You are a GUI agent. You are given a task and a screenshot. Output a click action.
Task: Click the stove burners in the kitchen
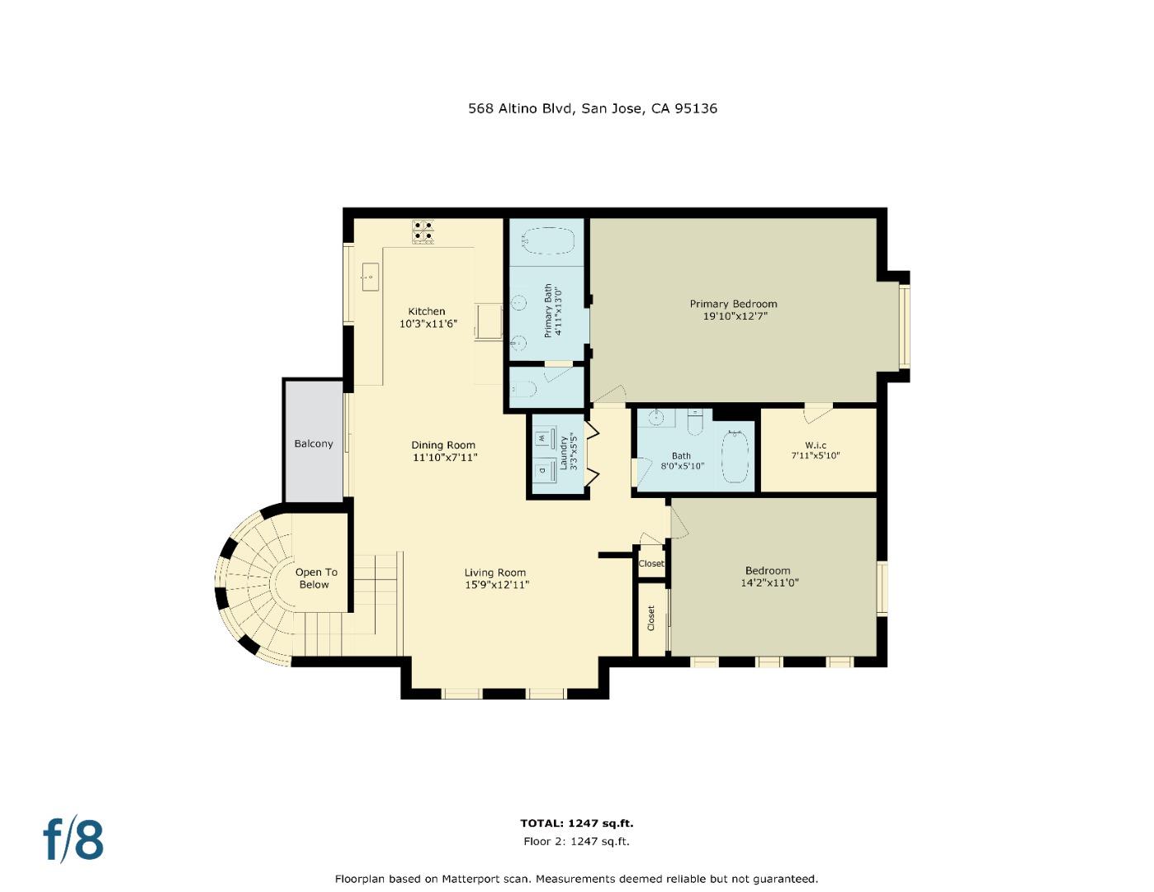pos(423,231)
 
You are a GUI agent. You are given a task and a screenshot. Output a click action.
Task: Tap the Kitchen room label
pos(427,311)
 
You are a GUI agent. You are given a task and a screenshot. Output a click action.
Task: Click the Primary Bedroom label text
pos(733,304)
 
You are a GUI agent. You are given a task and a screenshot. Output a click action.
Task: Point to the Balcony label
pos(314,444)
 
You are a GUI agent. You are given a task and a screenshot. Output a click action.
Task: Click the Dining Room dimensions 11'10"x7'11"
pos(445,457)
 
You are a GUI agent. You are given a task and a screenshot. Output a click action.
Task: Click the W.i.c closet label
pos(816,445)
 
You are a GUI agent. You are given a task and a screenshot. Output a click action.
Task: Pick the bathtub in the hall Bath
pos(735,456)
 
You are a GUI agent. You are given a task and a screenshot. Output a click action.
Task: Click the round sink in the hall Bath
pos(656,417)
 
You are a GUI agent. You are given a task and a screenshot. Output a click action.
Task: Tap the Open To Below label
pos(316,578)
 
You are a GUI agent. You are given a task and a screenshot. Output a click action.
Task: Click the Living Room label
pos(494,572)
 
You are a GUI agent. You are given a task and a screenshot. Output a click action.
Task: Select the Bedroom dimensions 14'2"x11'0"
pos(769,582)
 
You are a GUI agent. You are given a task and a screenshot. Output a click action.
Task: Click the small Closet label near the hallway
pos(650,563)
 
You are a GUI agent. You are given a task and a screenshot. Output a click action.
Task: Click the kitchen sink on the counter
pos(370,276)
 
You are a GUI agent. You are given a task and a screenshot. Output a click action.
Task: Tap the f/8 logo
pos(73,839)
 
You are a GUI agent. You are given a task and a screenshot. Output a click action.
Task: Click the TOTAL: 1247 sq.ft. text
pos(576,823)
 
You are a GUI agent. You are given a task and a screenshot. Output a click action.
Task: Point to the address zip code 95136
pos(695,108)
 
